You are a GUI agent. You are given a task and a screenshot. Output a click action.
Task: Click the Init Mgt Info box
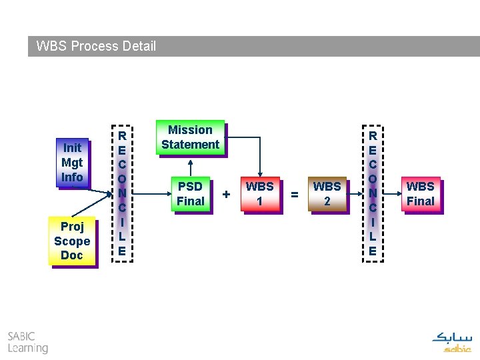72,163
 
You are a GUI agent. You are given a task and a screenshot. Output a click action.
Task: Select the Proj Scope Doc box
72,241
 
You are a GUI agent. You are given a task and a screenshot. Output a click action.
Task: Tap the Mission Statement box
190,137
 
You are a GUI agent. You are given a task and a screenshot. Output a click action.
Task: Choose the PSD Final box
190,193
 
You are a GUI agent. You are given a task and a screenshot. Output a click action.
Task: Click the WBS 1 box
260,193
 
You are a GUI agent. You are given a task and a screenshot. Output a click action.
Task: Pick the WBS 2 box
327,193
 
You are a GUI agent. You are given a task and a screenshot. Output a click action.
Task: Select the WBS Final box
420,193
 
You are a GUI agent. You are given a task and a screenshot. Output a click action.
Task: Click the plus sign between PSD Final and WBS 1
227,194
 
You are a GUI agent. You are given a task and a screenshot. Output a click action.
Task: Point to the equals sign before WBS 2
294,194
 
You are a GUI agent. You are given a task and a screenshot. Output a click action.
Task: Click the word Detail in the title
139,46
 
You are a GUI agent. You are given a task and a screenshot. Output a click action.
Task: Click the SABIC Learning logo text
27,342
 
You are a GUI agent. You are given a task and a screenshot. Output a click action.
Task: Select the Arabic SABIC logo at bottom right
452,341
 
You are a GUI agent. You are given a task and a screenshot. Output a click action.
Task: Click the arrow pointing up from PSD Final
191,167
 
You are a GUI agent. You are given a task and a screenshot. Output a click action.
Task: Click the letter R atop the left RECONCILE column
122,136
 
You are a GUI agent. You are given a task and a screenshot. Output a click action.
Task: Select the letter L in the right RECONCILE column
373,236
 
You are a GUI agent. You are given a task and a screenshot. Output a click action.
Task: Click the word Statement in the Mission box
190,145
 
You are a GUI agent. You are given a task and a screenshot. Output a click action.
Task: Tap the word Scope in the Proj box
72,241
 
